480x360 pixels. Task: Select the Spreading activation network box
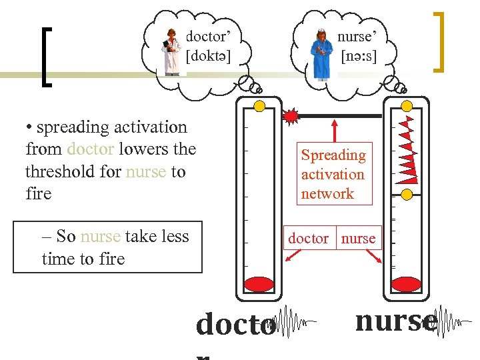click(x=333, y=174)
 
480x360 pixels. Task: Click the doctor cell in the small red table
click(x=308, y=238)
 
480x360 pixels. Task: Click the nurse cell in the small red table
click(x=359, y=238)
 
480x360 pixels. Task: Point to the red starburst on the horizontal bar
click(x=291, y=116)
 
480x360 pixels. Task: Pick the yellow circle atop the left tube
click(x=260, y=105)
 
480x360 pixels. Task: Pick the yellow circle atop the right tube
click(x=405, y=105)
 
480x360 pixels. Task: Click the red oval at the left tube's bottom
click(x=259, y=284)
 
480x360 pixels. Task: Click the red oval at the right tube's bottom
click(x=405, y=284)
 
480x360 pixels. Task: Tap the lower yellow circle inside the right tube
click(x=406, y=195)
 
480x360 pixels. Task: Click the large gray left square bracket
click(x=46, y=57)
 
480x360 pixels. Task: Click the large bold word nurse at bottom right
click(x=396, y=321)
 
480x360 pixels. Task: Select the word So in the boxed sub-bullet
click(x=65, y=236)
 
